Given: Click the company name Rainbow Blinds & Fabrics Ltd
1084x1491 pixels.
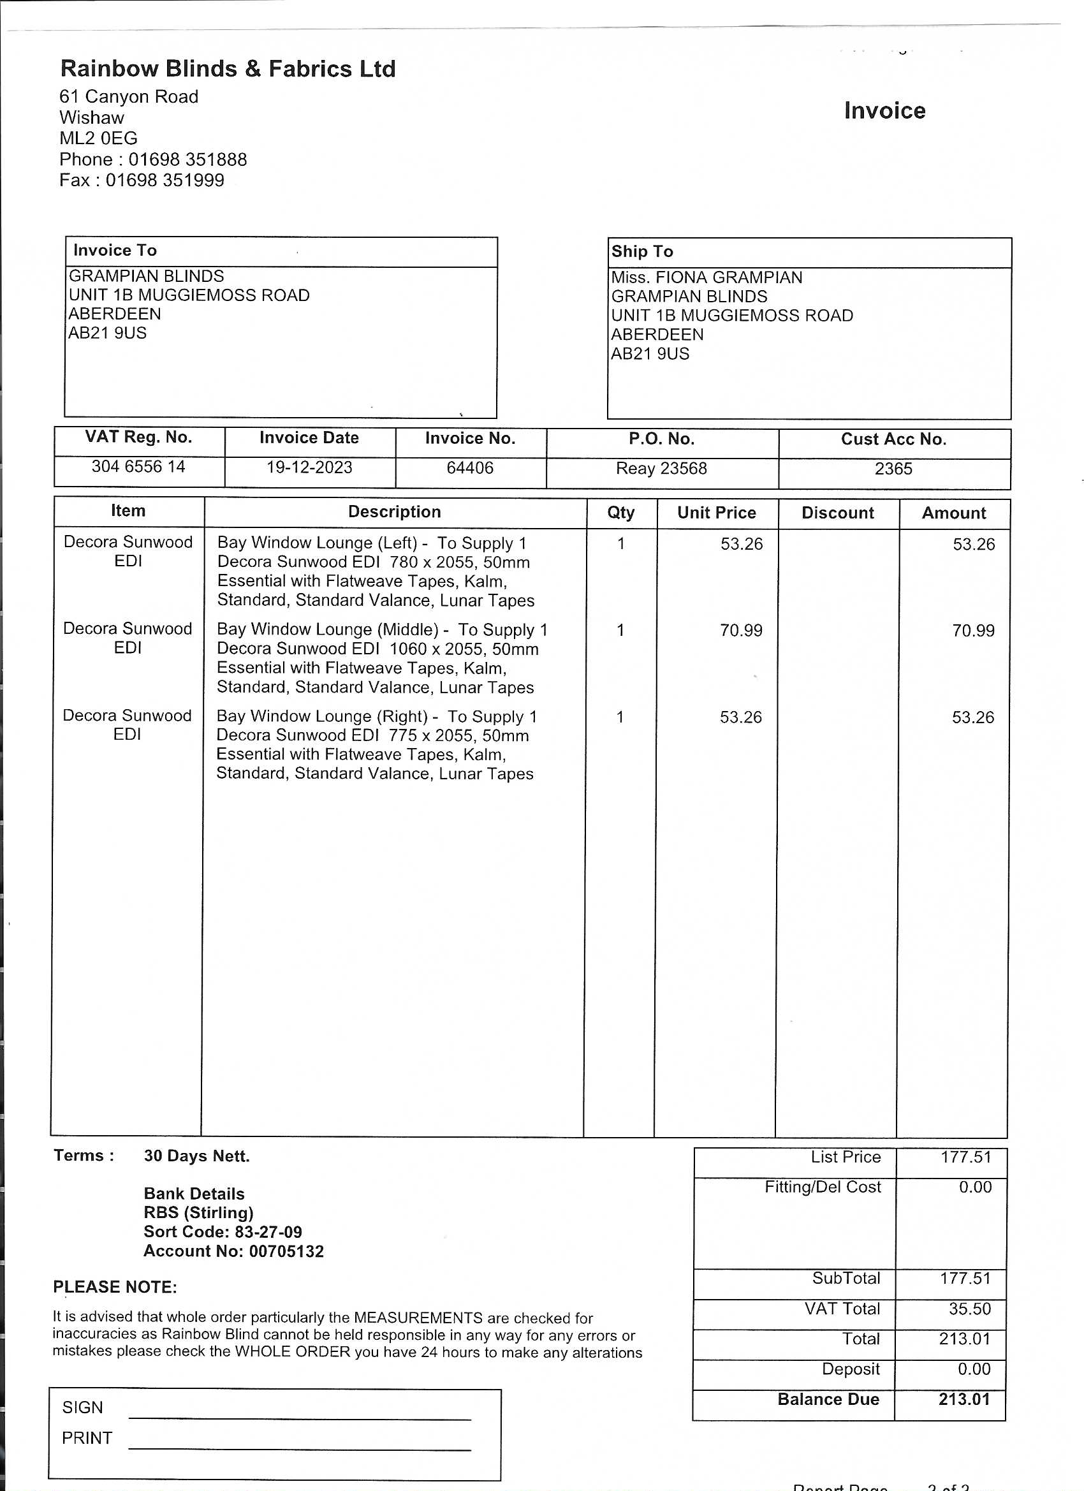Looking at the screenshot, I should (228, 69).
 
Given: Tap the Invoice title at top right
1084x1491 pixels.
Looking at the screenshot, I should (884, 110).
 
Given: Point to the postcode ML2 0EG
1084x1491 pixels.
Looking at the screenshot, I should (99, 138).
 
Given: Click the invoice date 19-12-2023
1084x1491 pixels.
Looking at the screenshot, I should (309, 467).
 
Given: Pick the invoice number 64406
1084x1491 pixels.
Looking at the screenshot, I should (469, 468).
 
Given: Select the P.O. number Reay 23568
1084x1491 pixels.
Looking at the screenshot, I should (661, 469).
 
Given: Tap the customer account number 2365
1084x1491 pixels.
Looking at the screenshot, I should (893, 469).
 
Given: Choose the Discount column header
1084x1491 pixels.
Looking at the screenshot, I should (837, 513).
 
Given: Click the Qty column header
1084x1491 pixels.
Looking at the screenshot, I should (620, 513).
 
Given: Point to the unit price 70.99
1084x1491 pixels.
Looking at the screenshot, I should (741, 631).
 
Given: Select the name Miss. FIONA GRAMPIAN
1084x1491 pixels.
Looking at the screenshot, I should (707, 277).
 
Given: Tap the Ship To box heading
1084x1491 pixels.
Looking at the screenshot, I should (642, 251).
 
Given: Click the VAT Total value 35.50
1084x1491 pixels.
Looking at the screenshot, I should (969, 1308).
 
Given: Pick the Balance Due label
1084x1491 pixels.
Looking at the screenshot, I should (828, 1399).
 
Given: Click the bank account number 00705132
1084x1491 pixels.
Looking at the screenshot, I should (286, 1251).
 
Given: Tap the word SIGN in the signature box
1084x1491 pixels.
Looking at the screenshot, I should (82, 1407).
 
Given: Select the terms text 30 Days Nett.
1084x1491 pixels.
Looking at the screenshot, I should (196, 1156).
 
